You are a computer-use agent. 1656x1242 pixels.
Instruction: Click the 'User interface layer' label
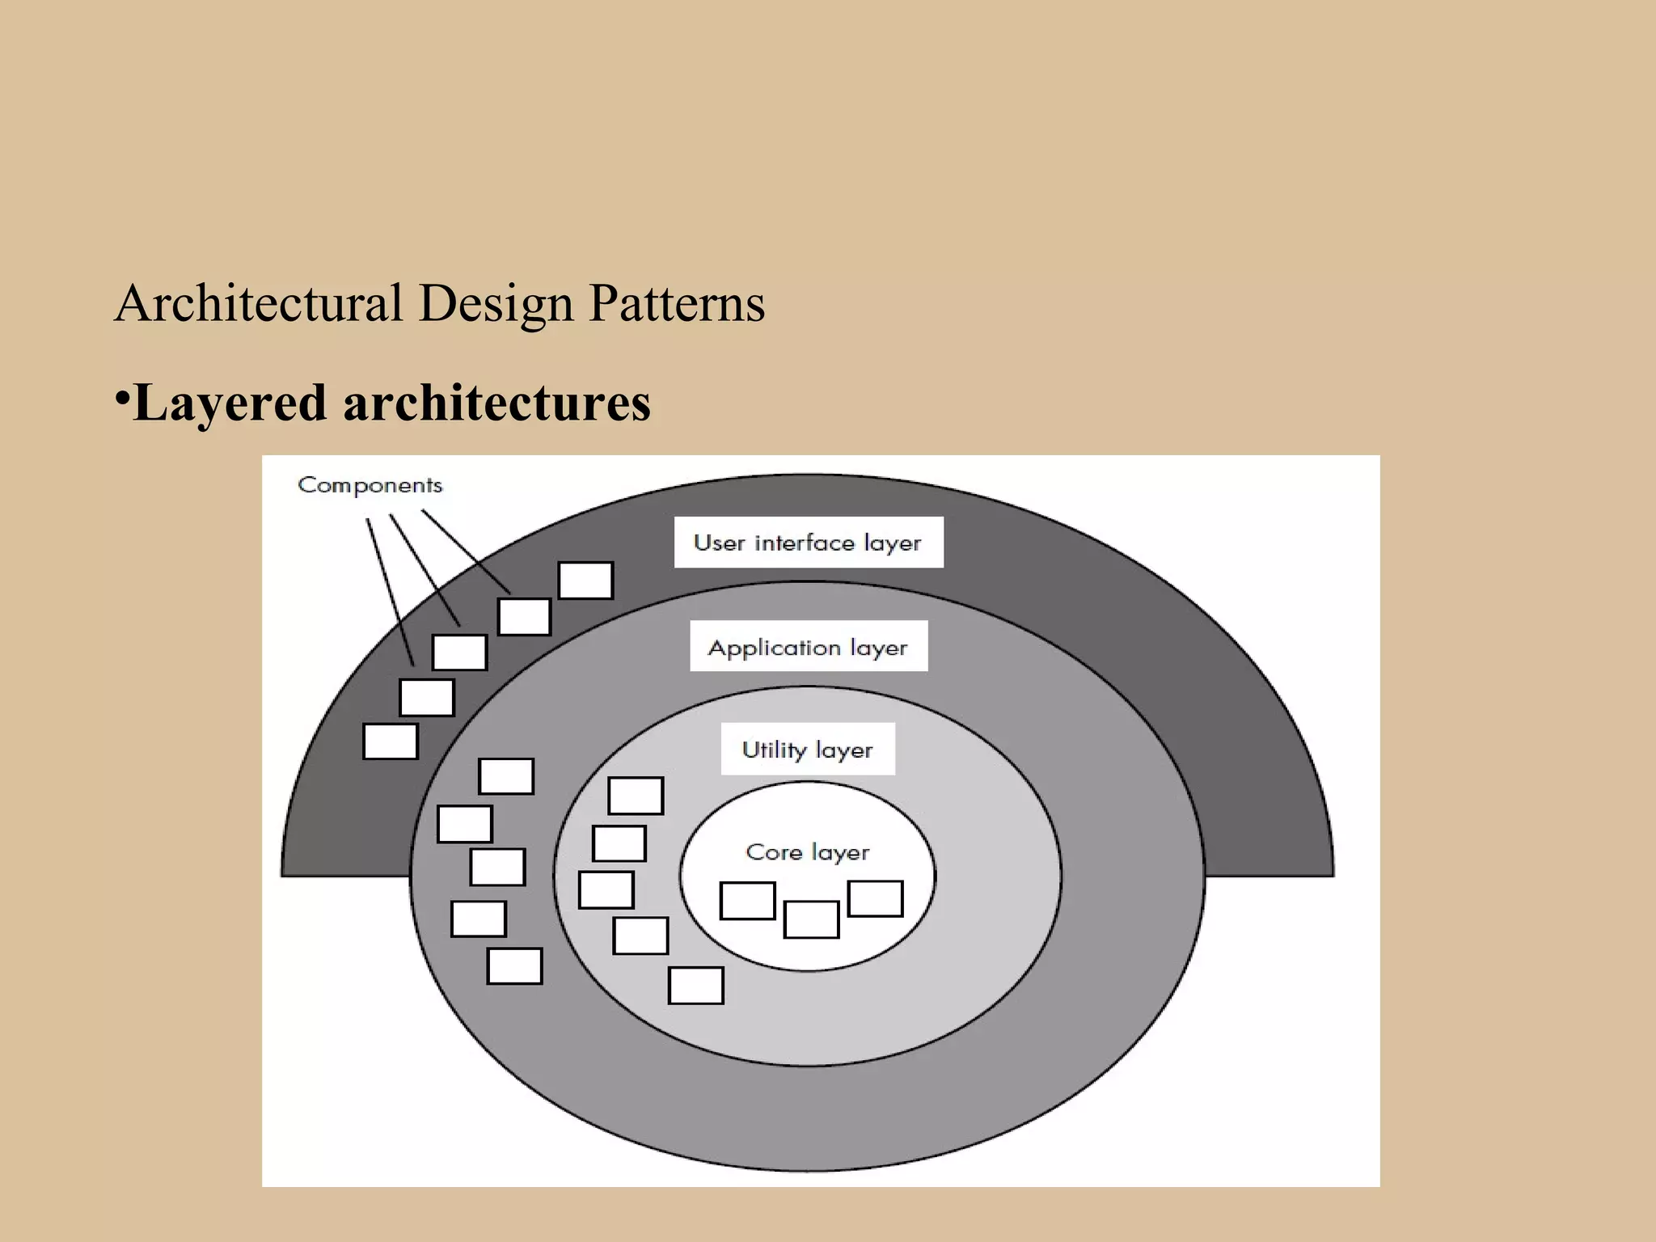[808, 543]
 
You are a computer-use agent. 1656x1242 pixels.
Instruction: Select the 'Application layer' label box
[808, 647]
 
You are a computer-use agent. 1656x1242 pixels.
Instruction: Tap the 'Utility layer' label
[808, 750]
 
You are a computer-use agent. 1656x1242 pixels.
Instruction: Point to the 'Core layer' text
[808, 852]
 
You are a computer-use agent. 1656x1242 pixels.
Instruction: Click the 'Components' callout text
[370, 485]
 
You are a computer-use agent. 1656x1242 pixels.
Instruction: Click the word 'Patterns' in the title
[677, 303]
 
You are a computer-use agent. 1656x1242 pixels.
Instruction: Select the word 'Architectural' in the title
[259, 303]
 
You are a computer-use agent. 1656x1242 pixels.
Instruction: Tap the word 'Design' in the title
[496, 305]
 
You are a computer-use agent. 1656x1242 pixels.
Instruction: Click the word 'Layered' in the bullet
[230, 403]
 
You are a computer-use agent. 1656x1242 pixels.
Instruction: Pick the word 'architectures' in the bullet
[496, 403]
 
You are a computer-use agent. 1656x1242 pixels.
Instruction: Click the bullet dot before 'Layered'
[122, 397]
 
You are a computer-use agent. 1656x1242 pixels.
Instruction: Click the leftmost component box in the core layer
[747, 901]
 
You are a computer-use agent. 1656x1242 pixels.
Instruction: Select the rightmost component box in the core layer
[875, 898]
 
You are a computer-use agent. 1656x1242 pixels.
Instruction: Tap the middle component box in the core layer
[811, 919]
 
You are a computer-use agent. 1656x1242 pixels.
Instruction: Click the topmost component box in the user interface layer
[585, 581]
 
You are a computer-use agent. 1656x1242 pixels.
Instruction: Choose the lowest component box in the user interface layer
[391, 741]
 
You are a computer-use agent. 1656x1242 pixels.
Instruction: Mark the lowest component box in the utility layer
[695, 986]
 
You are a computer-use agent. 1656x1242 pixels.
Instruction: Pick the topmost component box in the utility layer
[636, 796]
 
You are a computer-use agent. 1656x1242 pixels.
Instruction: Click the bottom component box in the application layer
[514, 966]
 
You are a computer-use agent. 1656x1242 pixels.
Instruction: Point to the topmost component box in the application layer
[506, 776]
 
